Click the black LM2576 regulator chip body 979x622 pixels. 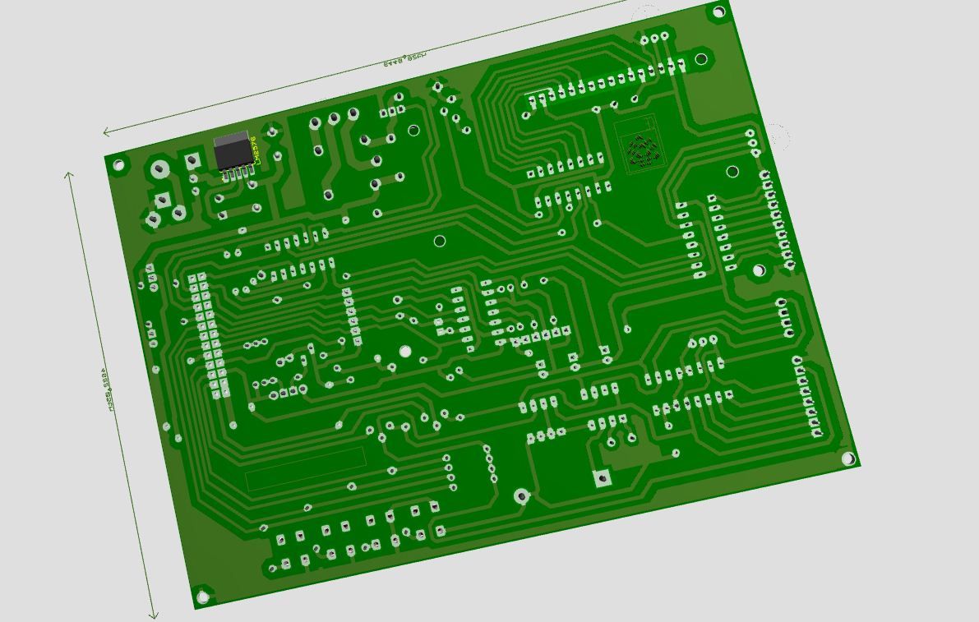click(x=232, y=151)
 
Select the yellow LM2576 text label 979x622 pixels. click(x=256, y=150)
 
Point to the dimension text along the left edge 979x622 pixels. click(x=105, y=389)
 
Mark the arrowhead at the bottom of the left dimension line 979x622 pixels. click(x=153, y=614)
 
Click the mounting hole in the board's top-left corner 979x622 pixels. click(x=118, y=165)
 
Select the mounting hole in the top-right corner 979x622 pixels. click(x=718, y=12)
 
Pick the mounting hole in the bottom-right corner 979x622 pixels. click(x=849, y=459)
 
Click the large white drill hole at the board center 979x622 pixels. click(x=404, y=352)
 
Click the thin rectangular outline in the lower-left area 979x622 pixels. click(x=306, y=468)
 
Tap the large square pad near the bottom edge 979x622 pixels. click(x=603, y=477)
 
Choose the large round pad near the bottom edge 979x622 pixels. click(x=521, y=495)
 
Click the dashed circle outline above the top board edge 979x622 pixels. click(x=646, y=15)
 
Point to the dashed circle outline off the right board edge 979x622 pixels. click(x=778, y=136)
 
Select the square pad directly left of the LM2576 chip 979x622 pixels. click(x=193, y=160)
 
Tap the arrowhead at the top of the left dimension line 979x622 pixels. click(x=70, y=175)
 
